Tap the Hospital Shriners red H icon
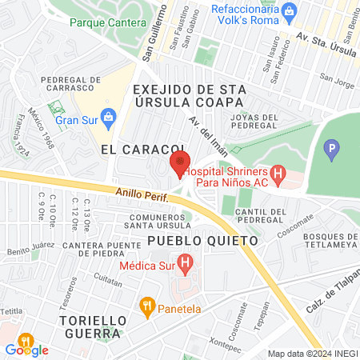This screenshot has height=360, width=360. click(278, 172)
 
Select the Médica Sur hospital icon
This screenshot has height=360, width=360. click(186, 261)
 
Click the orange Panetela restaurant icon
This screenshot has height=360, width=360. click(146, 305)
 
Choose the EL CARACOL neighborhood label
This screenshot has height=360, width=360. click(132, 150)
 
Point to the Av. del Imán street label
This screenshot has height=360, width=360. click(204, 132)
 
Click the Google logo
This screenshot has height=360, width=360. click(26, 350)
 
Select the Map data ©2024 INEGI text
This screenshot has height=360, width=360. click(311, 354)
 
